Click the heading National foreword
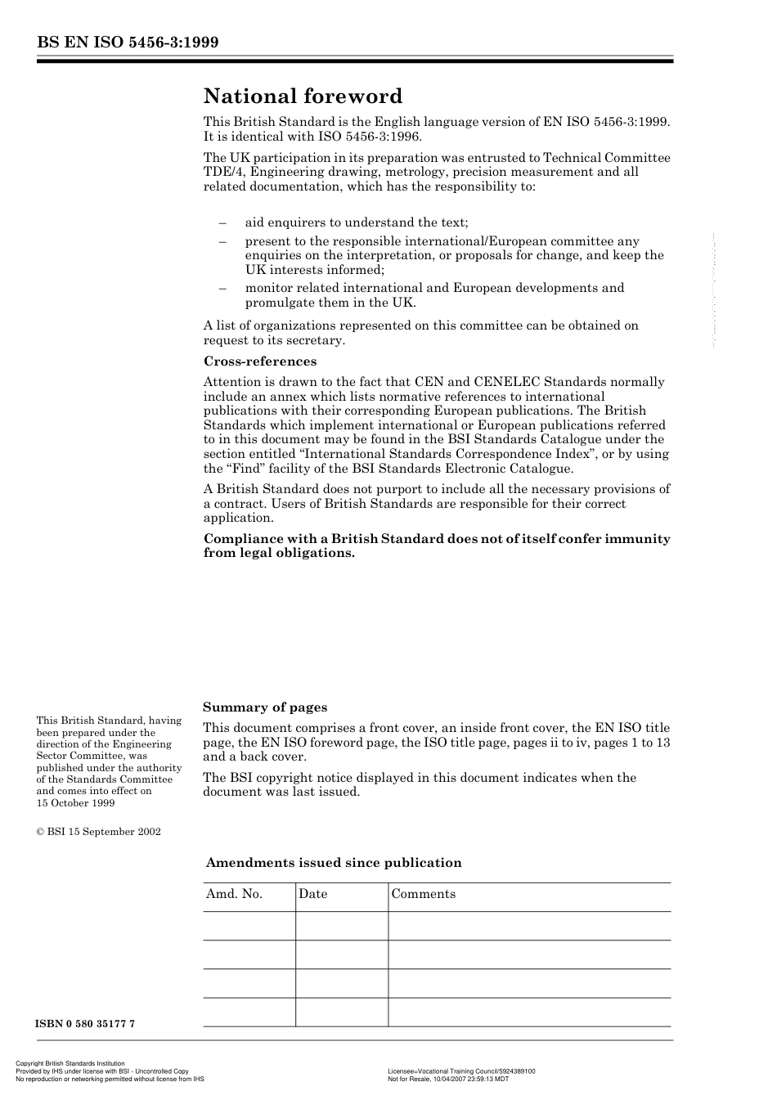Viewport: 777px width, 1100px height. click(303, 97)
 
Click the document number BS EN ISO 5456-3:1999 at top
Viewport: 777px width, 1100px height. click(128, 43)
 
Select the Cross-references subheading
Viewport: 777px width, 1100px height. click(259, 361)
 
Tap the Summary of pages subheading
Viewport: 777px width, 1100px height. click(265, 707)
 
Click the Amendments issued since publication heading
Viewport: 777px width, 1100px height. click(334, 863)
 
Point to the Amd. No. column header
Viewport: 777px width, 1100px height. click(234, 894)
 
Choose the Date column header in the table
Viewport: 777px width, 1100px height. click(312, 894)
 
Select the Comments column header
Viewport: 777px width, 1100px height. click(423, 894)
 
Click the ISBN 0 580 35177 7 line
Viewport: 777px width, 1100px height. click(85, 1024)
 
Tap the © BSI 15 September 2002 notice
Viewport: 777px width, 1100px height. click(98, 832)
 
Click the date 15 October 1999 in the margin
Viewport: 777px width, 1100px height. click(75, 803)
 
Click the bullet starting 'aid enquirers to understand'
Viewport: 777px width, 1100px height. click(357, 222)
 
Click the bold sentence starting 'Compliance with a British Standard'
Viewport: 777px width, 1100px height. click(436, 546)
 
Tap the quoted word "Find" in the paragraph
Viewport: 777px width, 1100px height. click(242, 469)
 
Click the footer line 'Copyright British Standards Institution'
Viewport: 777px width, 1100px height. click(70, 1063)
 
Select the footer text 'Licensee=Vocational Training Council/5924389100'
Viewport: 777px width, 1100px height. click(461, 1071)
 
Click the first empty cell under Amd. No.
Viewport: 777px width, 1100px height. click(249, 926)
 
